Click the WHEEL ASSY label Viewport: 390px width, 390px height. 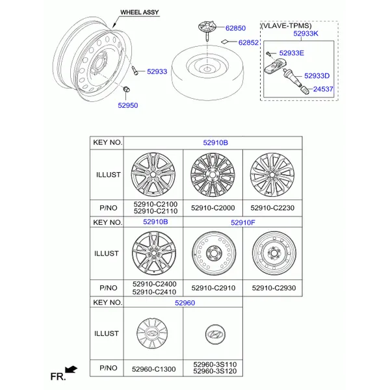139,12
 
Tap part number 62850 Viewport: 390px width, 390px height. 235,28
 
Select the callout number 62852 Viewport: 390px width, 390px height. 248,42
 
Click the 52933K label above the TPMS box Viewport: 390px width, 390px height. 305,34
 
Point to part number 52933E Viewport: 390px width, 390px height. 291,53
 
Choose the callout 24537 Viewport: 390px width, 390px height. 323,89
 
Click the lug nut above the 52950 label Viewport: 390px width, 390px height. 127,89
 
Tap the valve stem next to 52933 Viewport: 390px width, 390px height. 135,70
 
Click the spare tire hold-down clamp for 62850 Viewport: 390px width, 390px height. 207,29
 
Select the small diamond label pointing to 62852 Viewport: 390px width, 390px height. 225,42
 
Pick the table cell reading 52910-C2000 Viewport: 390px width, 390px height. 213,208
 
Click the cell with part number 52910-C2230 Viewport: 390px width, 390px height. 272,208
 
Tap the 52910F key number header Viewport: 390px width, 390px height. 242,222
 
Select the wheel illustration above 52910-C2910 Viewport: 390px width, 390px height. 214,253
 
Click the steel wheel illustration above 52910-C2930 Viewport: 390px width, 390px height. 274,253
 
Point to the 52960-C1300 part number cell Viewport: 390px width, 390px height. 153,369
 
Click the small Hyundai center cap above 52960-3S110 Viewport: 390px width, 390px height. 215,334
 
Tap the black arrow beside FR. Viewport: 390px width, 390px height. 71,369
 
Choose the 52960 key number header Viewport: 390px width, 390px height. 185,303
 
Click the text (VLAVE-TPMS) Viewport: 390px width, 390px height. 286,25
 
